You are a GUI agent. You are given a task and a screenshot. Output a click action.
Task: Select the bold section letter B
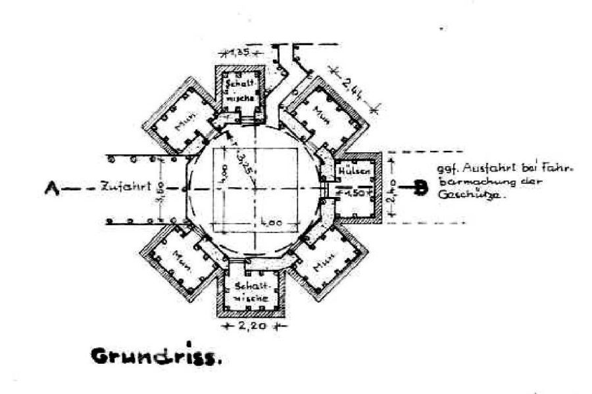tap(420, 187)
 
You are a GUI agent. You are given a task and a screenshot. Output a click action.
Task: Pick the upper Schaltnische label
tap(239, 89)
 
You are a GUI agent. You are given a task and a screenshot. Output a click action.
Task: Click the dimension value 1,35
tap(238, 52)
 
